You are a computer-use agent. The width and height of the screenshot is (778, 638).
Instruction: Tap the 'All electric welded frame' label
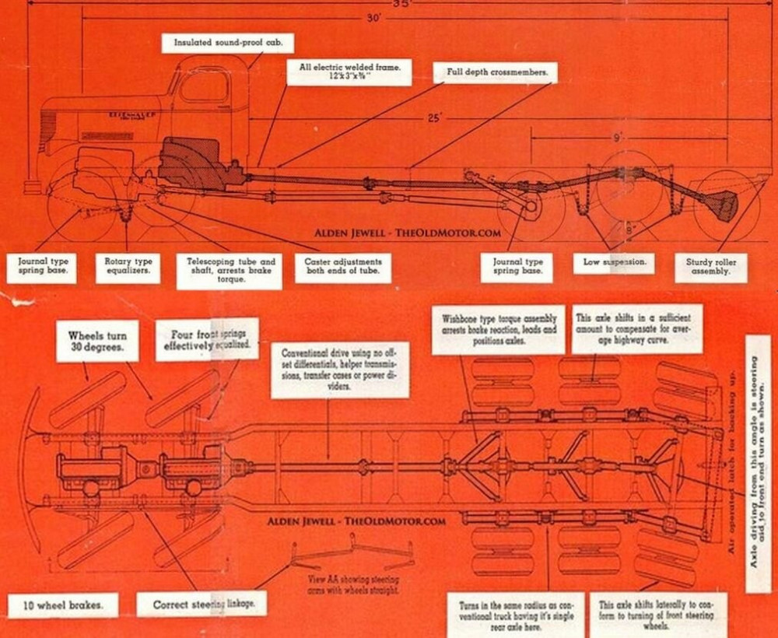[x=350, y=73]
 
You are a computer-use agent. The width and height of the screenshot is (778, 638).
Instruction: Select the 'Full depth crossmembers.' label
[x=496, y=72]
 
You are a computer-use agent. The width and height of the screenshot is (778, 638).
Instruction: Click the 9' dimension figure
[x=616, y=138]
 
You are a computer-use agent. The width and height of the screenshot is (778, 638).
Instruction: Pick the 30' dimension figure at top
[x=376, y=19]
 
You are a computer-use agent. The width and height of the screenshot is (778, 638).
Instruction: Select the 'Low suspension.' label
[x=615, y=262]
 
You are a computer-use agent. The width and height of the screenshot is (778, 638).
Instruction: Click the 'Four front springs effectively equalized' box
[x=206, y=338]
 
